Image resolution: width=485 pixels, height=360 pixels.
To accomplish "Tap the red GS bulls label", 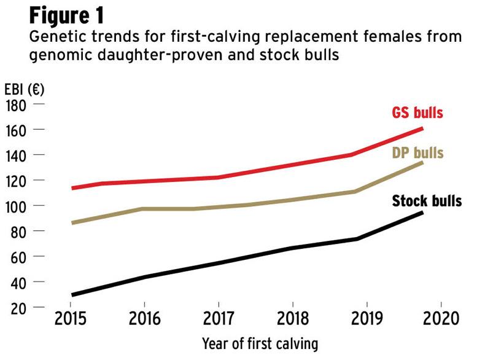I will coord(417,113).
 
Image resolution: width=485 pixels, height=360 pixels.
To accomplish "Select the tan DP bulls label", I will coord(417,152).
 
